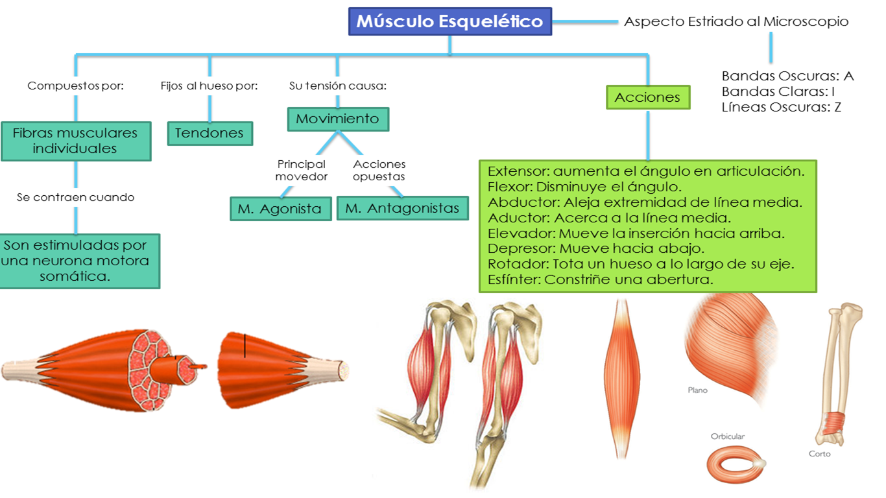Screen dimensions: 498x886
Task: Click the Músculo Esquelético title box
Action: coord(449,21)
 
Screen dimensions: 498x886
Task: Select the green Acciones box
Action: coord(647,97)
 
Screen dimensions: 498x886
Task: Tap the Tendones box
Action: coord(210,133)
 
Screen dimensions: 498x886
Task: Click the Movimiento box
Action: coord(337,119)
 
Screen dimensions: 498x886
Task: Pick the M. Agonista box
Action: coord(280,209)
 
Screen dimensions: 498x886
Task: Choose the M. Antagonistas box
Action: coord(402,208)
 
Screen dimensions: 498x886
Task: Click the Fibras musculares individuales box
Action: coord(75,141)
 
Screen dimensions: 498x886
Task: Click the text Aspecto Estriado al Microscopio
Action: coord(736,21)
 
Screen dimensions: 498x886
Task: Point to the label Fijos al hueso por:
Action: coord(210,86)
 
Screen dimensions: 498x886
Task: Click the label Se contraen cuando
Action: coord(75,197)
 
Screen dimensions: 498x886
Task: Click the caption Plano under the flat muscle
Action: coord(697,390)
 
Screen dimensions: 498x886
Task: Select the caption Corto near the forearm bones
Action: coord(819,453)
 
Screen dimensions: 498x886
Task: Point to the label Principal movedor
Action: coord(301,170)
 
